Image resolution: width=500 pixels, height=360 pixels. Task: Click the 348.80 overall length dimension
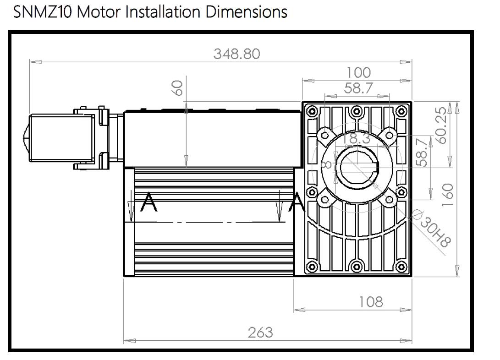point(236,54)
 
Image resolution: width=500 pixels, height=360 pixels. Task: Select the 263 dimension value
point(260,332)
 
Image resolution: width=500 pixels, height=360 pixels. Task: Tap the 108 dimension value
point(370,301)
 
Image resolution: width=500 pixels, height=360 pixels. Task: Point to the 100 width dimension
point(358,73)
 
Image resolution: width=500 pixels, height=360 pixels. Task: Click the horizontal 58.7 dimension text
point(358,88)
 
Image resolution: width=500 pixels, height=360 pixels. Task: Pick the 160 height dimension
point(447,195)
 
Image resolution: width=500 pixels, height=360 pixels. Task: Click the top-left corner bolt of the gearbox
point(313,110)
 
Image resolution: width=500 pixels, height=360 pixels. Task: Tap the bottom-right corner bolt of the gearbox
point(401,267)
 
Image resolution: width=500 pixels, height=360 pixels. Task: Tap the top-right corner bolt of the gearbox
point(401,110)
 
